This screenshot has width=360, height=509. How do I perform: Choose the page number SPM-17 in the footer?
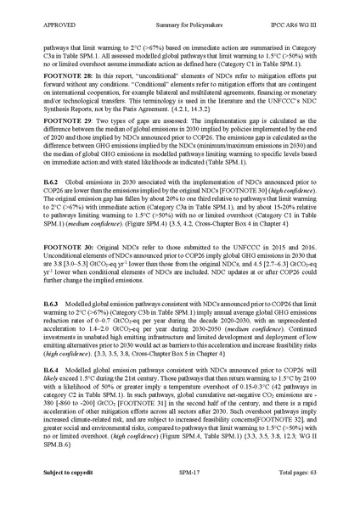tap(179, 492)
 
